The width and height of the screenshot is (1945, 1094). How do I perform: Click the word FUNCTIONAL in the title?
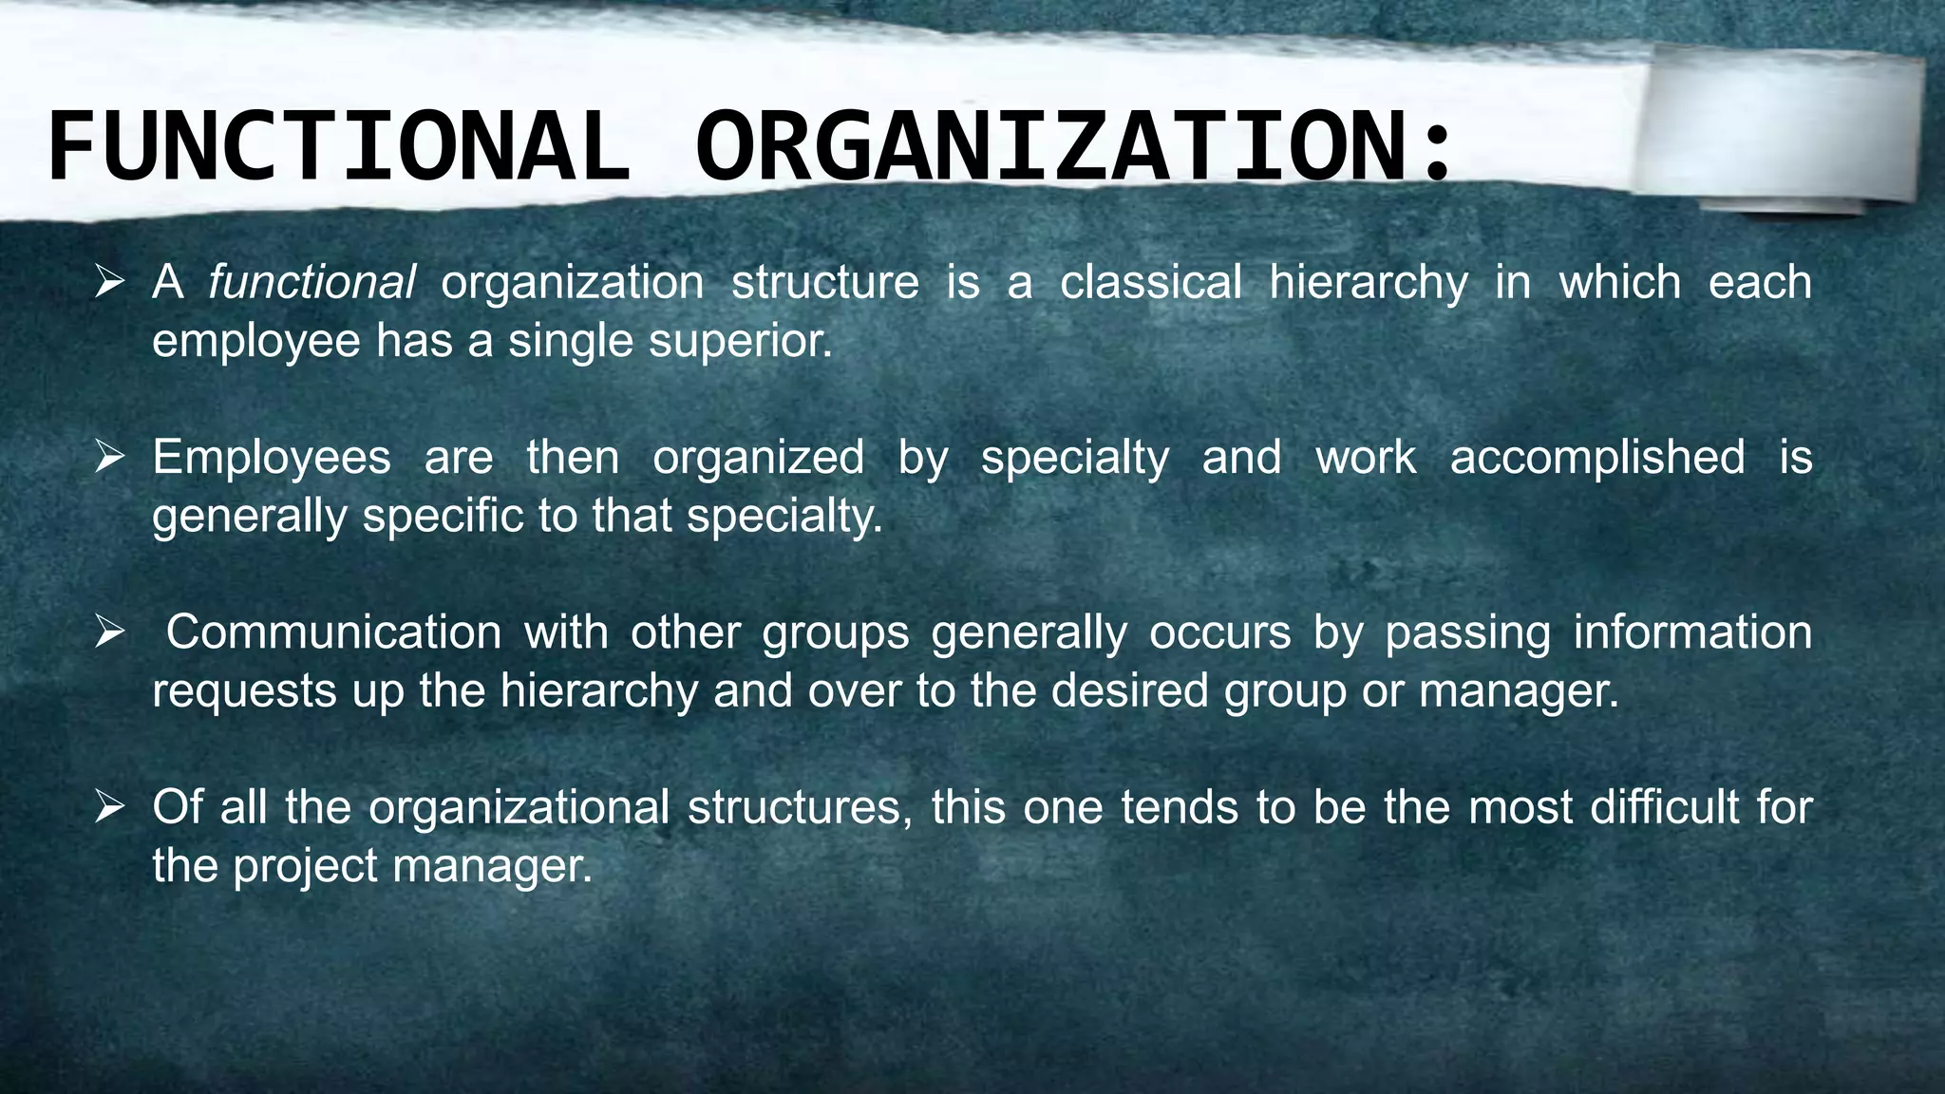point(337,147)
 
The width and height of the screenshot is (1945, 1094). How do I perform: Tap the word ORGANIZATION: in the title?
point(1073,147)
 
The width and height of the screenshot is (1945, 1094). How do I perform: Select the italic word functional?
point(312,282)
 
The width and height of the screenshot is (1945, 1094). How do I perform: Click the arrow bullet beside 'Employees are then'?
point(110,457)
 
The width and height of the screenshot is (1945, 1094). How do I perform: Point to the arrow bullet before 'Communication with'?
point(110,632)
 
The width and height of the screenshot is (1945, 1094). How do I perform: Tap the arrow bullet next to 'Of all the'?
point(110,807)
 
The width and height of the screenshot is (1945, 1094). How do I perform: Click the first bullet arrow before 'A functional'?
point(110,282)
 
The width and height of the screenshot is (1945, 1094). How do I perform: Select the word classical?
point(1150,282)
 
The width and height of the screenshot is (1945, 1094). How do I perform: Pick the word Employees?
point(272,457)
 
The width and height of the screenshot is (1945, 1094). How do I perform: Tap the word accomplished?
point(1597,457)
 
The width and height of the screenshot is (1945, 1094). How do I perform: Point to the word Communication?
point(333,632)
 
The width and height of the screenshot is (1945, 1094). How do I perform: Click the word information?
point(1692,632)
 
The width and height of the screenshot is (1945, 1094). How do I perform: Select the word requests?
point(244,691)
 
